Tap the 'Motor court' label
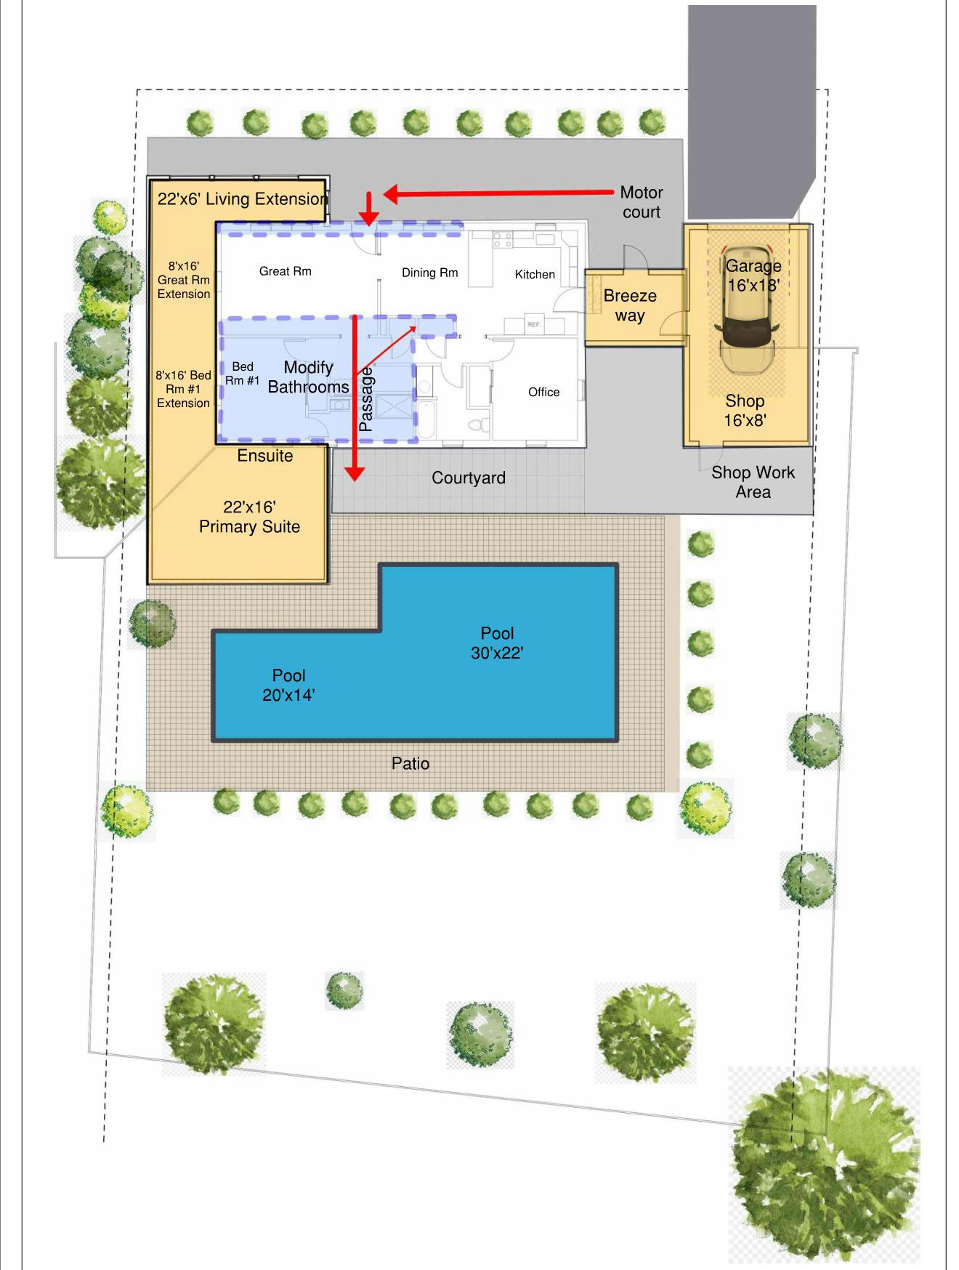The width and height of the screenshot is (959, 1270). (642, 202)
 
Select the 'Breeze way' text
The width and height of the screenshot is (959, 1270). (630, 305)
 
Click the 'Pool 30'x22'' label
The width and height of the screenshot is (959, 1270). (497, 643)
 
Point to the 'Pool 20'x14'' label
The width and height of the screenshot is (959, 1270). (288, 686)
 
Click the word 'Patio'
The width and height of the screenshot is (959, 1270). (410, 763)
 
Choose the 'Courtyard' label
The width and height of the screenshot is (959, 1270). (469, 478)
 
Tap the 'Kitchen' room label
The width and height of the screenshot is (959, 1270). (535, 274)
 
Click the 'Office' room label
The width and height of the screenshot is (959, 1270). (543, 392)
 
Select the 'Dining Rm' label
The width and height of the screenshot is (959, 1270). (430, 273)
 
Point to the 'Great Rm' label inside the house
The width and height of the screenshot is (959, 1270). (286, 271)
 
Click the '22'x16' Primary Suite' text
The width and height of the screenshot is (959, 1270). (249, 517)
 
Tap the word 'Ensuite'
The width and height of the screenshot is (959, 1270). (265, 456)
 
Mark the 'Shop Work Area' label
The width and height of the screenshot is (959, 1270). (753, 482)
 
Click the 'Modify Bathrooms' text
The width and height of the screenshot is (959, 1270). (309, 377)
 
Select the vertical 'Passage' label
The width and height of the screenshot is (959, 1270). (366, 398)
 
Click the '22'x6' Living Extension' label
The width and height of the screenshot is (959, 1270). (243, 198)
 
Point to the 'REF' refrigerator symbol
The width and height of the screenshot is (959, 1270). (534, 324)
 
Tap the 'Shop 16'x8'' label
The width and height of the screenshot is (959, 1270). (745, 410)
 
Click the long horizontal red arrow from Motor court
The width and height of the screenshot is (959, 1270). (498, 193)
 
